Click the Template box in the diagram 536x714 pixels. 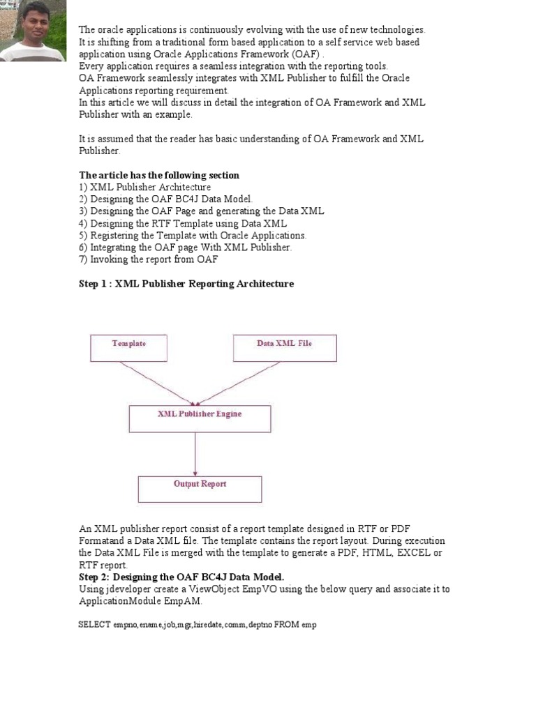[x=128, y=348]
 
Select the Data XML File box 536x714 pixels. [x=285, y=348]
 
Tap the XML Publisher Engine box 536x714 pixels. [x=200, y=418]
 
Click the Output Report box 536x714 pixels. [x=200, y=489]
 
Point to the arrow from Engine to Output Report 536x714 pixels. [x=195, y=454]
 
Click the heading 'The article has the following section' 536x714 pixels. [x=159, y=175]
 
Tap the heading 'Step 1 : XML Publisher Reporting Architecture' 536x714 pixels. [x=186, y=284]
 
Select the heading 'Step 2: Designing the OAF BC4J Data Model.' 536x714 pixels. [x=181, y=577]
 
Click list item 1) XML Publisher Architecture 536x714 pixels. [x=145, y=187]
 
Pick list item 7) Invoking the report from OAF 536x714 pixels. [x=149, y=259]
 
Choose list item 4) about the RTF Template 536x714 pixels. [x=183, y=223]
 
